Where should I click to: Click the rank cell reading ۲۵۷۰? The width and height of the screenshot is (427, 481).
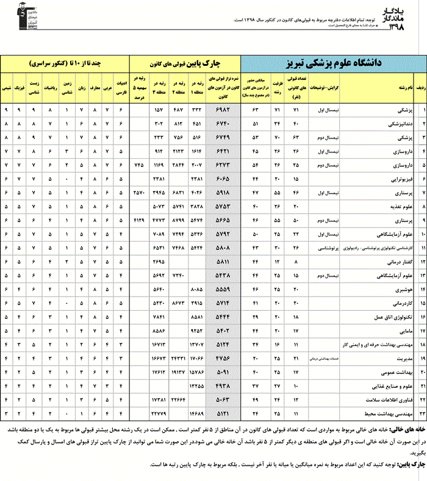pyautogui.click(x=139, y=192)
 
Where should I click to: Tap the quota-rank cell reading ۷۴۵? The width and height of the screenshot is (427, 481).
pyautogui.click(x=139, y=164)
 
